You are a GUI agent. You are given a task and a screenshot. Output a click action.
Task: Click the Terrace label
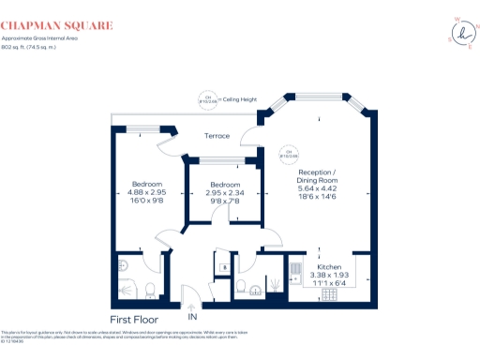(217, 136)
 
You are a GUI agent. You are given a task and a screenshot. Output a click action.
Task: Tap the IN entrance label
(194, 318)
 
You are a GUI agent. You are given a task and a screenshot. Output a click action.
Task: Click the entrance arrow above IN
(194, 306)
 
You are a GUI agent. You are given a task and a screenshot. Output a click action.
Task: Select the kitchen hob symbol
(331, 292)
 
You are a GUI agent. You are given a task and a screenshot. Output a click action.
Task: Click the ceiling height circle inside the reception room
(290, 152)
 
